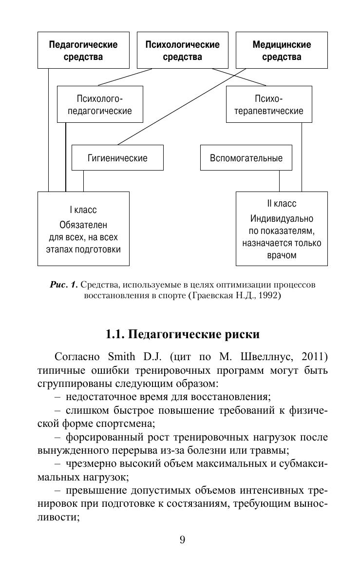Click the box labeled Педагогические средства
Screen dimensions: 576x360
[x=83, y=51]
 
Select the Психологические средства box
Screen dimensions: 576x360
[x=182, y=51]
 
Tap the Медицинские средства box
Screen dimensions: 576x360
[x=282, y=51]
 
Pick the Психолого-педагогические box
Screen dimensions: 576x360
[x=100, y=104]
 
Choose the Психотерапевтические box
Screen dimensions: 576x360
[x=269, y=104]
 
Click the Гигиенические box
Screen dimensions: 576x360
[x=117, y=158]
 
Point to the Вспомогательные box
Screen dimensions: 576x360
[x=246, y=158]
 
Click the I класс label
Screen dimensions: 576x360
[x=83, y=210]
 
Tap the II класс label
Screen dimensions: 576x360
[x=282, y=204]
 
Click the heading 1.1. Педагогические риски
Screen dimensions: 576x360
[x=182, y=335]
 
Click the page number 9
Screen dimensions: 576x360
[x=182, y=539]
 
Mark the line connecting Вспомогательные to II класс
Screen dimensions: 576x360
[x=279, y=181]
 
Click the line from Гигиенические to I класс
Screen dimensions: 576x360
[x=83, y=181]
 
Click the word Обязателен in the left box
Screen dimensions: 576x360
[x=83, y=225]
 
